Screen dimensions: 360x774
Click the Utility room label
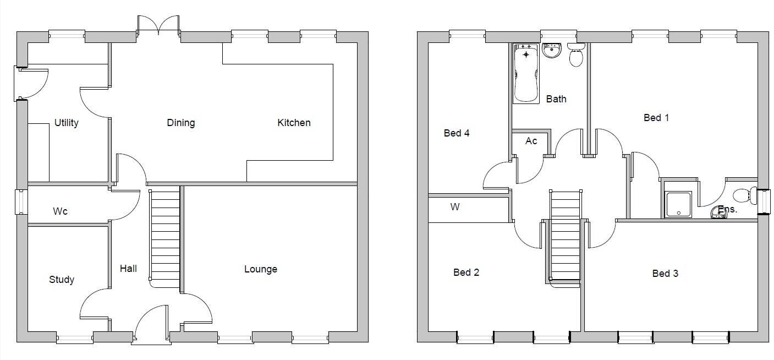(67, 123)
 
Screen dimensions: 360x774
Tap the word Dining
(181, 123)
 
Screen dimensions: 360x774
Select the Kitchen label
(294, 123)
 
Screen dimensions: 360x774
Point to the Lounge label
(261, 269)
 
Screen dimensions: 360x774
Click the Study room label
(62, 280)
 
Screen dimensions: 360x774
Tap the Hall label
(128, 269)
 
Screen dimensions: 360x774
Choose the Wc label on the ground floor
(60, 211)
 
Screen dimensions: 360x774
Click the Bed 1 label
(656, 117)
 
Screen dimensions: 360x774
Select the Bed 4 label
(457, 133)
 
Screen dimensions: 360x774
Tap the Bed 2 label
(466, 272)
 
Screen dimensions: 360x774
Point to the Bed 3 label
(665, 274)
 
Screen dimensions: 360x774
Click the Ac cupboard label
(531, 141)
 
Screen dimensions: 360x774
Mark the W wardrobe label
(455, 207)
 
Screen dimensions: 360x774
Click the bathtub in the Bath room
(526, 73)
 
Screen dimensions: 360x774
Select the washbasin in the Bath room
(551, 51)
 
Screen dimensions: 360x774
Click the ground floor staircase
(165, 237)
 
